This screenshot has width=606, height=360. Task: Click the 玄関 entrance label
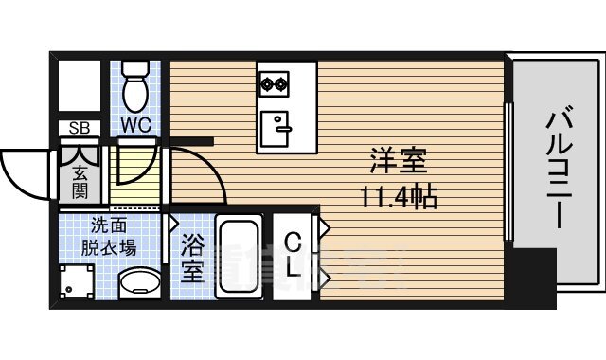[80, 179]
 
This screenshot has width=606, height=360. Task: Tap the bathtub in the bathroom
[241, 257]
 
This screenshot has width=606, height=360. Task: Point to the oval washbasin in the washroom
[141, 281]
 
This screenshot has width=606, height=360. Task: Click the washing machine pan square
[78, 280]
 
